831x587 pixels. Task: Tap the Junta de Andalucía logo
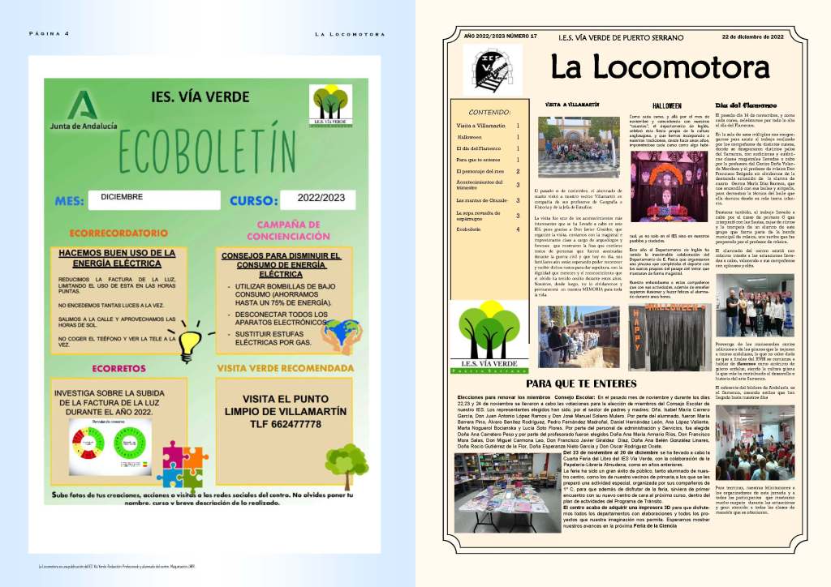pos(80,114)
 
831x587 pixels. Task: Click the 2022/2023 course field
pos(321,199)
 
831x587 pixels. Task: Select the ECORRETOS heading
pos(118,368)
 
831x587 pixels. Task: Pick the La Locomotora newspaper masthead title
pos(660,66)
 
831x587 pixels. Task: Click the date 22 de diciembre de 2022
pos(752,36)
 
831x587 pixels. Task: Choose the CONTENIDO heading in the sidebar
pos(490,112)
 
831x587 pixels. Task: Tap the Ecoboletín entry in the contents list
pos(474,230)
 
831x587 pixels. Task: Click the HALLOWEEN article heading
pos(667,105)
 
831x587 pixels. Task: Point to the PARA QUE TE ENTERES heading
pos(583,383)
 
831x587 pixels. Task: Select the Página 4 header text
pos(50,33)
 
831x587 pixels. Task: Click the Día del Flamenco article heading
pos(739,105)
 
